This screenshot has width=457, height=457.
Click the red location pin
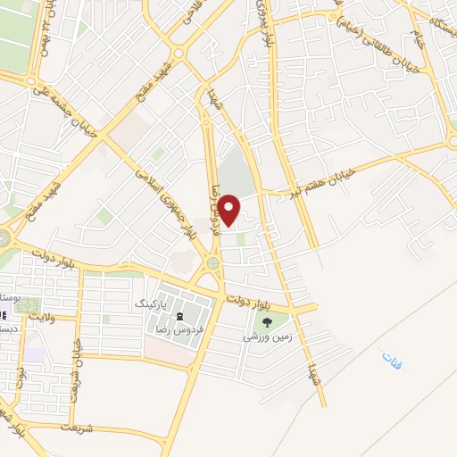point(229,211)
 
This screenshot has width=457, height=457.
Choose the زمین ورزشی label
point(265,339)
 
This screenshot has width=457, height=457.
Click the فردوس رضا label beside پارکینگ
point(180,329)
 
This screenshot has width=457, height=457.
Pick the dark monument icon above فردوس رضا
point(180,315)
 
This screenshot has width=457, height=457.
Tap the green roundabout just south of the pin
point(212,263)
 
